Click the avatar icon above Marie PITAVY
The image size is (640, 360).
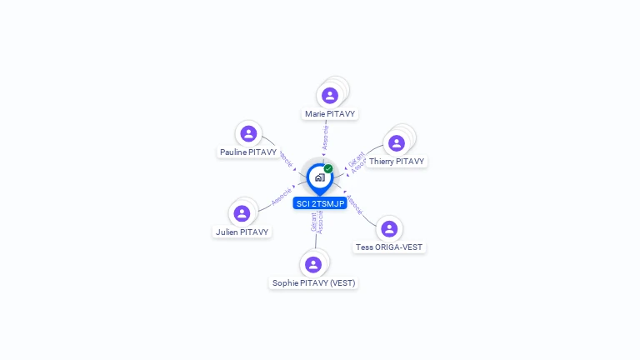pyautogui.click(x=330, y=95)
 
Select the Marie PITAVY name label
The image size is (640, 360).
pyautogui.click(x=330, y=113)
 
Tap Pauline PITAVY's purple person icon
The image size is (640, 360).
pyautogui.click(x=247, y=133)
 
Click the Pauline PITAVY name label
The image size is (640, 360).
pyautogui.click(x=248, y=152)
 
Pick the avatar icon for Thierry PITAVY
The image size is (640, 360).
pyautogui.click(x=397, y=142)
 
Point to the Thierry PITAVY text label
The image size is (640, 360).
pyautogui.click(x=397, y=162)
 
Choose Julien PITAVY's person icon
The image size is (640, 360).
pyautogui.click(x=242, y=213)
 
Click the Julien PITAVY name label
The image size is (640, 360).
pyautogui.click(x=242, y=232)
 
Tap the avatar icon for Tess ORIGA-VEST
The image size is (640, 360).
pyautogui.click(x=389, y=228)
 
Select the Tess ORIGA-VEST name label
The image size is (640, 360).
pyautogui.click(x=390, y=247)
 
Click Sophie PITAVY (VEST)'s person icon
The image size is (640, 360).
pyautogui.click(x=313, y=264)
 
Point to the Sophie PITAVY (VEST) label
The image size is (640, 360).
pyautogui.click(x=313, y=283)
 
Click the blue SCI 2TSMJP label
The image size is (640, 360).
pyautogui.click(x=320, y=203)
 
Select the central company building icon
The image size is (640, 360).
pyautogui.click(x=319, y=177)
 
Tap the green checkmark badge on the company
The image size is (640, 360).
pyautogui.click(x=328, y=168)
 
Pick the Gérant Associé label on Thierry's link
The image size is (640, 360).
pyautogui.click(x=356, y=162)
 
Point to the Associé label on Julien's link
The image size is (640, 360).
pyautogui.click(x=281, y=197)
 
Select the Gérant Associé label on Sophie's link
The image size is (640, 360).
pyautogui.click(x=317, y=222)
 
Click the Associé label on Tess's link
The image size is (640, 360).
pyautogui.click(x=354, y=205)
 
